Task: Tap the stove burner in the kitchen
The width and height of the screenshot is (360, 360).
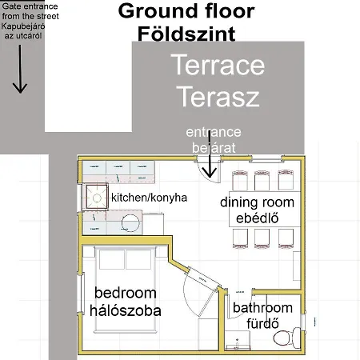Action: pos(97,198)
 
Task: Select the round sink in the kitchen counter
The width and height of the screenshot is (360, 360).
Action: pos(130,223)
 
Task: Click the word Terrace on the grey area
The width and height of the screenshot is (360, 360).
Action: pos(218,65)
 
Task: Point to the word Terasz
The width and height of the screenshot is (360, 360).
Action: pos(219,96)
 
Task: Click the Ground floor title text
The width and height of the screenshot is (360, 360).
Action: pos(186,11)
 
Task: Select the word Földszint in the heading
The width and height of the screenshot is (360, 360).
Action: pos(186,34)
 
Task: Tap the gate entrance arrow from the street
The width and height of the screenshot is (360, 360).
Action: pos(20,69)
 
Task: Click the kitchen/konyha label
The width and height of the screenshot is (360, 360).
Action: pos(149,198)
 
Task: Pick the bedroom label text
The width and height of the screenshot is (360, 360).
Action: pos(126,293)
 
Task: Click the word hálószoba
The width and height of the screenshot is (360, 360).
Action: pos(126,310)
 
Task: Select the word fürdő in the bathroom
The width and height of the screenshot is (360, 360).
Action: pos(262,323)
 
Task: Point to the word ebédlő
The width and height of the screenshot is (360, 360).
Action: pos(258,218)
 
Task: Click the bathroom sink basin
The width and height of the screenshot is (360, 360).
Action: pos(237,340)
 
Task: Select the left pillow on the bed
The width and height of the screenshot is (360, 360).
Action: pos(112,259)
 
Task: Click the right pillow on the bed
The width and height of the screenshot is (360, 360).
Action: pos(138,259)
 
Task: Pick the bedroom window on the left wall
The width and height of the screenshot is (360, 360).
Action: pos(82,294)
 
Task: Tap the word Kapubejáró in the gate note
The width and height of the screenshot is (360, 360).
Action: pos(23,26)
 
